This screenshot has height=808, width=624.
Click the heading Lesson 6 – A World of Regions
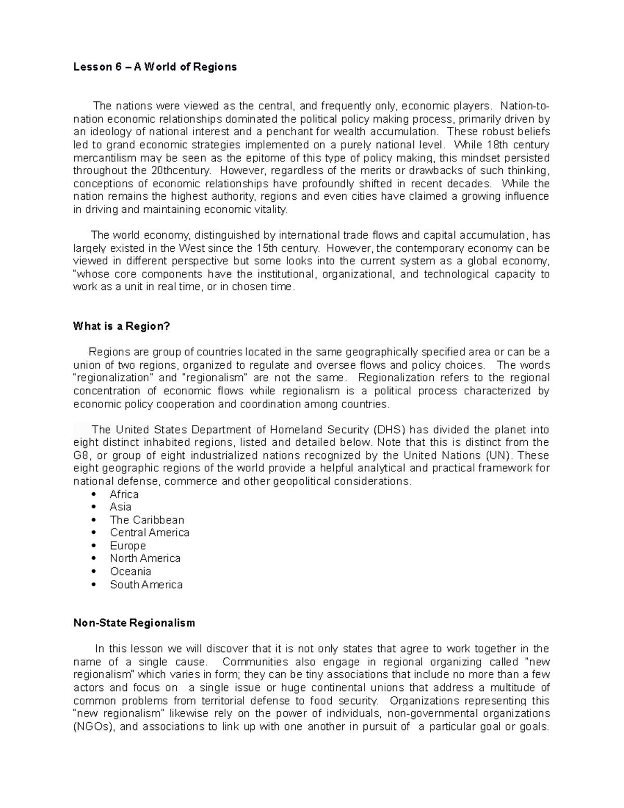(x=154, y=67)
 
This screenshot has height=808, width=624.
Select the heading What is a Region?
(x=122, y=326)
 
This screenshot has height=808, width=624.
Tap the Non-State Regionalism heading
(x=134, y=623)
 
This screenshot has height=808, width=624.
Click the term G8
(x=82, y=456)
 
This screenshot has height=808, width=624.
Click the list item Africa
(x=124, y=494)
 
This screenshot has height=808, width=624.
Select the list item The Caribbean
(x=147, y=520)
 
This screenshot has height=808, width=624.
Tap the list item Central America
(x=149, y=533)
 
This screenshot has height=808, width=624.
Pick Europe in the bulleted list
(x=127, y=546)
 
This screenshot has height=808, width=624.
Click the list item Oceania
(x=130, y=571)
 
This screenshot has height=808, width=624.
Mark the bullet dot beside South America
(x=94, y=585)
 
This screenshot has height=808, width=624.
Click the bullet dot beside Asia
(x=94, y=507)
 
